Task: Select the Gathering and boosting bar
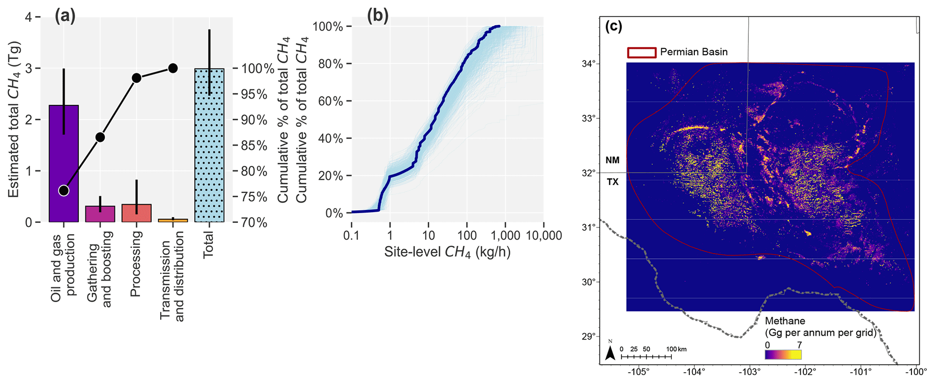[100, 214]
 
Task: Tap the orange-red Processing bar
[136, 213]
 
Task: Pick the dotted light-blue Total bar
[209, 145]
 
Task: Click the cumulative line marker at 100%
[172, 68]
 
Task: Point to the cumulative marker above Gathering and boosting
[100, 137]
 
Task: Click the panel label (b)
[378, 16]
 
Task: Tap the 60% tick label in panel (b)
[328, 101]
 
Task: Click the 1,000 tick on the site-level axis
[505, 236]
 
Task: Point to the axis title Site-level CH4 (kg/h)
[447, 252]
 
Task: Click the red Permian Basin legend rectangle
[641, 52]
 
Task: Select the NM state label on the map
[612, 160]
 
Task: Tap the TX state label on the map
[612, 182]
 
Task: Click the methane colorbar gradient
[783, 355]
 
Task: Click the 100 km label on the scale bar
[676, 350]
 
